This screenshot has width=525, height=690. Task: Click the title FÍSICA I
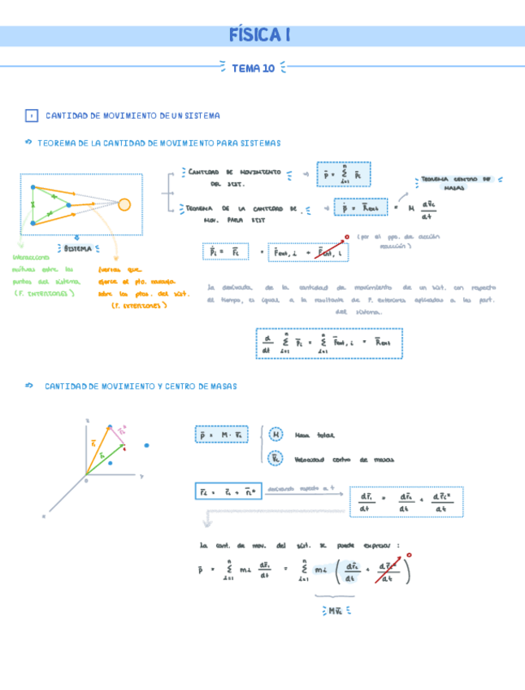[261, 36]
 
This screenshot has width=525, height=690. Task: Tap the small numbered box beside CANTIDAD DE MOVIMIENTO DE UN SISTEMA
[32, 116]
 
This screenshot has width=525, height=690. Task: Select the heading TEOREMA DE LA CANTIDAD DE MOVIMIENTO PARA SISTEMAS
[158, 143]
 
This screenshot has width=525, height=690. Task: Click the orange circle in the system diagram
[124, 204]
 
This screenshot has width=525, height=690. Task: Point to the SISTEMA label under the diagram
[78, 248]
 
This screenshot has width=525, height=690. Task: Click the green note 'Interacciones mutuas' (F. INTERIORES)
[42, 281]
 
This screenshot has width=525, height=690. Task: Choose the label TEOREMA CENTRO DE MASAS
[458, 183]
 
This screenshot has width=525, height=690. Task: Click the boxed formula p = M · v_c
[223, 435]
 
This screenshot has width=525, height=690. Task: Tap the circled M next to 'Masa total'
[276, 435]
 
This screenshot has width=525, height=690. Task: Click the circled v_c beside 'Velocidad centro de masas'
[276, 458]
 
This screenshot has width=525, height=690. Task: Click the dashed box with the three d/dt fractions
[406, 502]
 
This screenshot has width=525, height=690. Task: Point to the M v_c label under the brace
[335, 609]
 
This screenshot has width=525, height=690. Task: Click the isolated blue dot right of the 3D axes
[146, 445]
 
